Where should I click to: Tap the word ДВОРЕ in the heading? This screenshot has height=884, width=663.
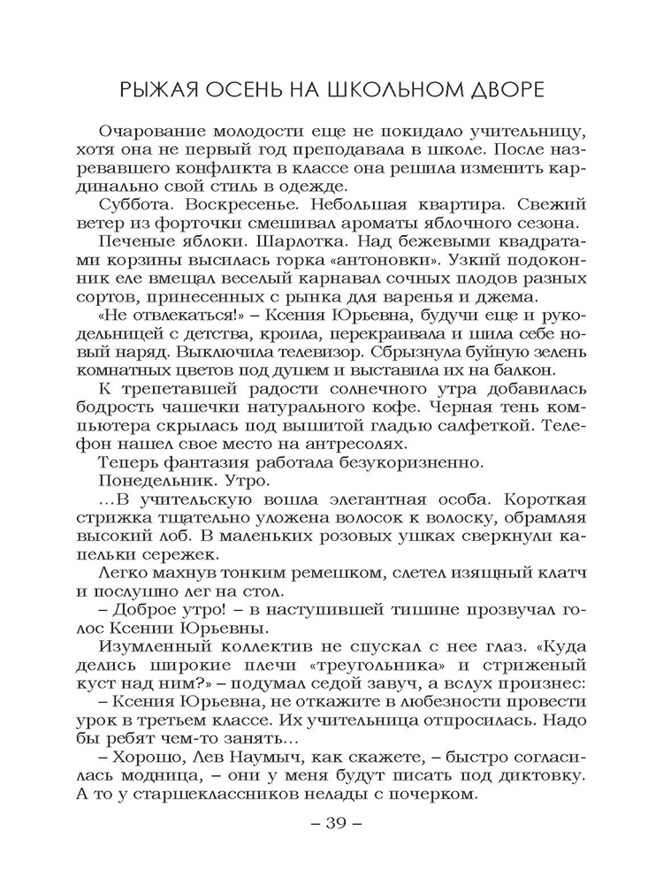click(502, 90)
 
